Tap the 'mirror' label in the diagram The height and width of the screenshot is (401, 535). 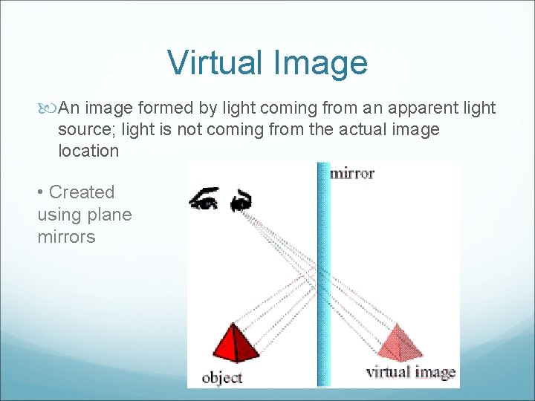coord(351,174)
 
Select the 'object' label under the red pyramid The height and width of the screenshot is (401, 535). coord(222,377)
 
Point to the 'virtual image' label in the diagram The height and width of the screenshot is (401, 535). coord(410,372)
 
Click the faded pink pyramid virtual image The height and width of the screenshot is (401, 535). coord(400,343)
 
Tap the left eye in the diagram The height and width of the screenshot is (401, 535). coord(204,199)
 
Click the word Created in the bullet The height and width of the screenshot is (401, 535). coord(82,192)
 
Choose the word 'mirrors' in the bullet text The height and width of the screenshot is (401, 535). coord(67,238)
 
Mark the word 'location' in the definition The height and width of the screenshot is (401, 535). coord(88,151)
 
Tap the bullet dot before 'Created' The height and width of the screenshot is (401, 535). coord(41,193)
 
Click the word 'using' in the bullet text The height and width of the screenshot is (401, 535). coord(59,215)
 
